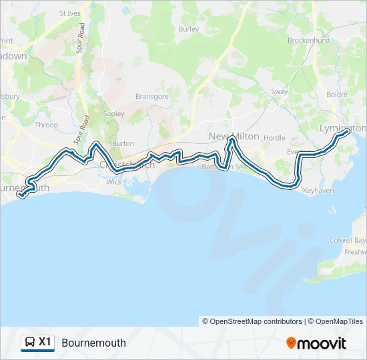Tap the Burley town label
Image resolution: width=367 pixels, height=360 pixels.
[189, 29]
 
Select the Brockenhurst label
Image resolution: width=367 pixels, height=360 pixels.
[309, 40]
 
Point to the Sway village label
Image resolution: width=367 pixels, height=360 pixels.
[279, 91]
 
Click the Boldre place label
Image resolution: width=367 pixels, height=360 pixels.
[337, 95]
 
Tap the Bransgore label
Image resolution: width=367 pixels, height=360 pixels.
[151, 97]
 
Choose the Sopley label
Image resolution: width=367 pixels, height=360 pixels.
[114, 114]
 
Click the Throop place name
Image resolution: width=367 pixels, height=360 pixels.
[46, 125]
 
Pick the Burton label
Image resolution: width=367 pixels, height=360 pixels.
[123, 143]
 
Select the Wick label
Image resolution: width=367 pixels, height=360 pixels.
[114, 181]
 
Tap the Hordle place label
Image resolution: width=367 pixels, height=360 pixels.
[274, 138]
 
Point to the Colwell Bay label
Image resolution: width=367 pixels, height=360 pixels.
[348, 240]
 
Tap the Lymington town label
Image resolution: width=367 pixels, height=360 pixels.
[343, 127]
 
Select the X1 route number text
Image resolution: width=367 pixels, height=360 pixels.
[45, 342]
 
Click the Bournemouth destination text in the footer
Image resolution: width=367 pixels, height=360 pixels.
[93, 343]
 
